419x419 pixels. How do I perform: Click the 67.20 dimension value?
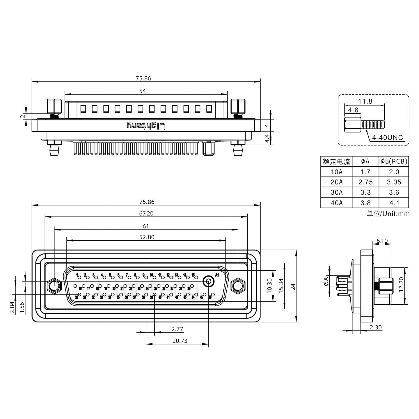[x=146, y=214]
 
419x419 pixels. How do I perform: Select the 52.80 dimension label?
[x=147, y=237]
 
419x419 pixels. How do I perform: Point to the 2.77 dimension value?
[x=177, y=329]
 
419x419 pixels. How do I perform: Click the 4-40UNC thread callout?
[x=388, y=137]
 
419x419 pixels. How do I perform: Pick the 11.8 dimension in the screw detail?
[x=365, y=101]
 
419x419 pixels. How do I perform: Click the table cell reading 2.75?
[x=365, y=182]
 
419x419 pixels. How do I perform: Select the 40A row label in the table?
[x=336, y=203]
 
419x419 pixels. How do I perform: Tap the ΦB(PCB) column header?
[x=394, y=161]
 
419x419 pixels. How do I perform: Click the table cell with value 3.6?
[x=394, y=192]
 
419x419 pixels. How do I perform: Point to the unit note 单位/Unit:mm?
[x=388, y=214]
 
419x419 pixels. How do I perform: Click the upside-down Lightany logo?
[x=146, y=126]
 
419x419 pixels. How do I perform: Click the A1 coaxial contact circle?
[x=208, y=281]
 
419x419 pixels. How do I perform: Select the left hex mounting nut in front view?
[x=54, y=286]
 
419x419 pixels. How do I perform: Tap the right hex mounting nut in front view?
[x=237, y=286]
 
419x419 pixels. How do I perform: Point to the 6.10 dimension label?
[x=382, y=241]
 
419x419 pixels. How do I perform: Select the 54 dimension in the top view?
[x=142, y=91]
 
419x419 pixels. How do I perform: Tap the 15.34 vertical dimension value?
[x=280, y=286]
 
